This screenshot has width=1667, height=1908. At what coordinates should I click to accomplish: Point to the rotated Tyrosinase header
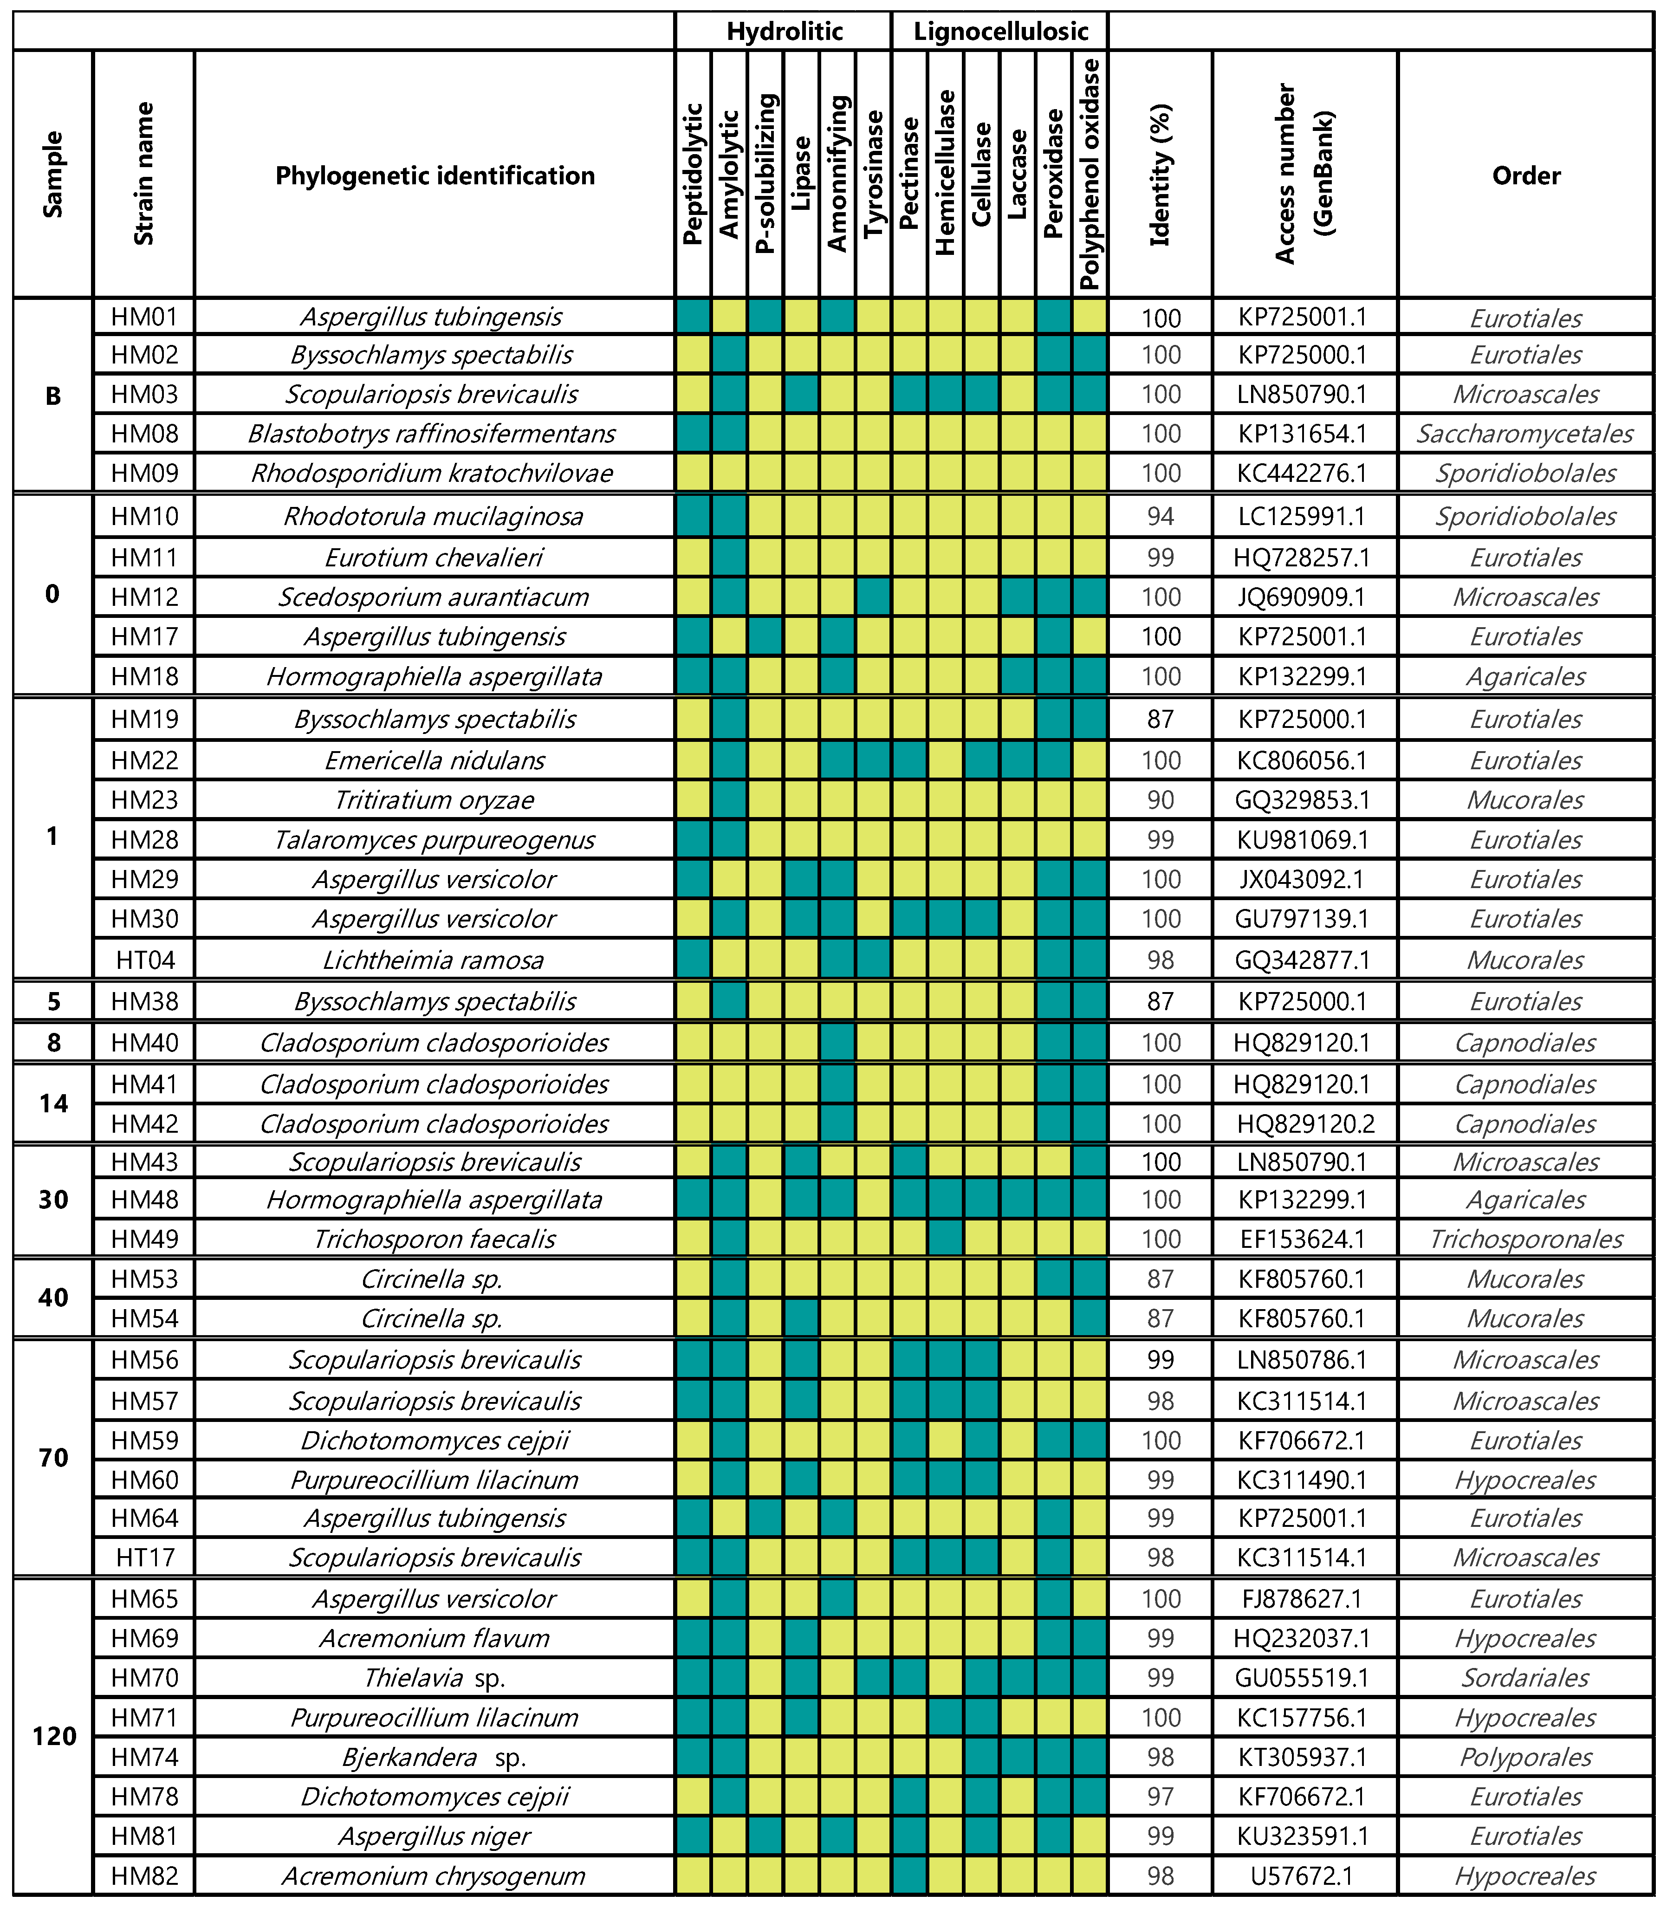(x=874, y=175)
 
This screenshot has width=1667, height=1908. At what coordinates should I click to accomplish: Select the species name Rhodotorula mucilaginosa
(x=434, y=516)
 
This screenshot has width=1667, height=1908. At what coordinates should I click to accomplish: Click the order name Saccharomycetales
(x=1524, y=434)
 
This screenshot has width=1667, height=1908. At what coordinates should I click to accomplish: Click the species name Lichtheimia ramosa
(x=434, y=960)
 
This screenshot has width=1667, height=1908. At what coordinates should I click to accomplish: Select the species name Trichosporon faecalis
(x=434, y=1239)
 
